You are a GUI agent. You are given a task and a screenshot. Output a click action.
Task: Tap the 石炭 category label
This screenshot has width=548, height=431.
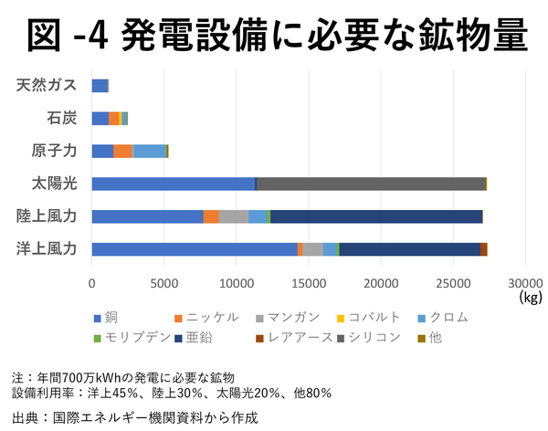61,118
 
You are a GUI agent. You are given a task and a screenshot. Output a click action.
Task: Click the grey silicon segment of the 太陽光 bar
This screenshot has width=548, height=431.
371,184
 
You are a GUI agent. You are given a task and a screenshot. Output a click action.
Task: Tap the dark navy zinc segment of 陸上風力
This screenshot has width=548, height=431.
375,216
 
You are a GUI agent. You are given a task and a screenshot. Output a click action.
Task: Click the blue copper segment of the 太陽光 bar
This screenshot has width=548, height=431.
173,184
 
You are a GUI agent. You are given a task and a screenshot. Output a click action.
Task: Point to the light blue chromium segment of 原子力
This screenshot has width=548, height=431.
149,151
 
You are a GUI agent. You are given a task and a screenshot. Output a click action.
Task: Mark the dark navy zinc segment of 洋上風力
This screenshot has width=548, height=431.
409,249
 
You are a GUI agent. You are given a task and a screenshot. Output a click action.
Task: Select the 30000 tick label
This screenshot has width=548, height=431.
524,282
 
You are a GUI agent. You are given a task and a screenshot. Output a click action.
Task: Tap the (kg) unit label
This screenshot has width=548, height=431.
530,297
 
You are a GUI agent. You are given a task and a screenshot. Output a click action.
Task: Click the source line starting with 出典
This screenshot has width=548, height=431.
129,417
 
